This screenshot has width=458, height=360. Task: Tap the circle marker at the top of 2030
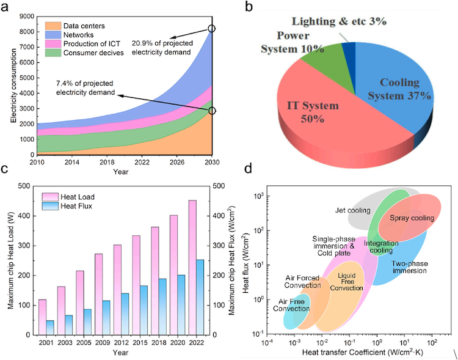tap(212, 29)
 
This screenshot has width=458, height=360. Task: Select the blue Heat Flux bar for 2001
tap(50, 327)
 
